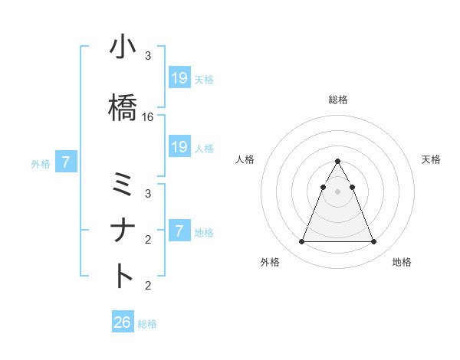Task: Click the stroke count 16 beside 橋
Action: point(148,117)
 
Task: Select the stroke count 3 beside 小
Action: point(148,57)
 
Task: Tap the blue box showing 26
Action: point(123,322)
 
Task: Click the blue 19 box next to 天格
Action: point(179,77)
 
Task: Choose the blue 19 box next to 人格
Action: point(179,147)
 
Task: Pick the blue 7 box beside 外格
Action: point(66,162)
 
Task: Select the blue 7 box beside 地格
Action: point(179,231)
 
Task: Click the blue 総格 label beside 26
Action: point(147,324)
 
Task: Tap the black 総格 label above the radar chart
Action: point(337,100)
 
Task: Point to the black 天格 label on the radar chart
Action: point(431,159)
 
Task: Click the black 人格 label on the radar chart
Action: point(245,159)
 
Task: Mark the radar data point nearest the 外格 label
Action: point(301,242)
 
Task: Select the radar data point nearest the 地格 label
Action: point(373,242)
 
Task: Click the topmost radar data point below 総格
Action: point(337,161)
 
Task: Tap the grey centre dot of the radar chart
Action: point(337,191)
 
